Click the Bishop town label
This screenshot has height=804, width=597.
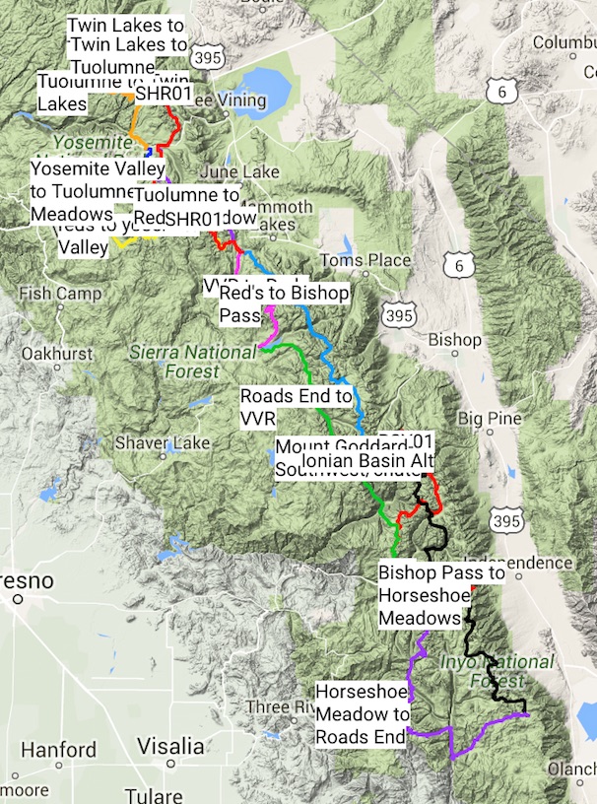point(455,340)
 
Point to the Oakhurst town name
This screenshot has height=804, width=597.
point(56,354)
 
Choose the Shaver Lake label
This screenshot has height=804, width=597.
point(163,443)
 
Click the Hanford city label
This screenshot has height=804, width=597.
point(58,750)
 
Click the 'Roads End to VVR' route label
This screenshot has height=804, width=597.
point(296,406)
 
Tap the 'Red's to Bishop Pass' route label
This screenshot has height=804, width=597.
point(283,303)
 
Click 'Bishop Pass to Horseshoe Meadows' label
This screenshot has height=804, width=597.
point(441,595)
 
